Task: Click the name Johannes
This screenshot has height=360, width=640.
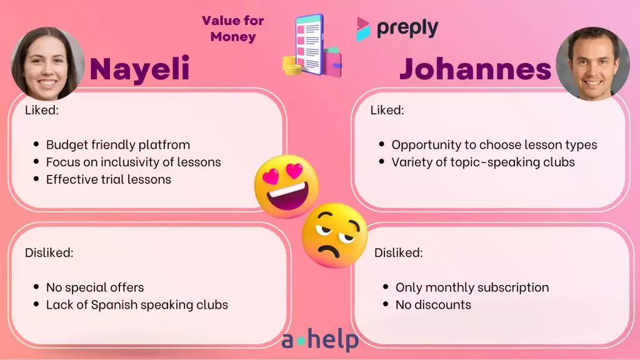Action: click(x=476, y=69)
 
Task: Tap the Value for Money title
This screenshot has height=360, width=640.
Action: click(x=233, y=29)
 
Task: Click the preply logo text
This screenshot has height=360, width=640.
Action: click(x=407, y=29)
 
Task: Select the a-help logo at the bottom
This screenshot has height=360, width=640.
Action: click(x=320, y=340)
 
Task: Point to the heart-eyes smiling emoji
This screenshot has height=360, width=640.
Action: click(x=287, y=186)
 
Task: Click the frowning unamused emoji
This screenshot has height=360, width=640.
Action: click(x=335, y=236)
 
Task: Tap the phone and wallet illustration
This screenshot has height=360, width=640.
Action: click(x=312, y=46)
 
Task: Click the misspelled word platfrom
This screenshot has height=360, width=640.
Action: click(x=164, y=145)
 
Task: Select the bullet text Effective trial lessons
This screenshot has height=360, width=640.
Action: click(x=109, y=179)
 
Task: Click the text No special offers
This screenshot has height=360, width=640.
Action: click(x=95, y=287)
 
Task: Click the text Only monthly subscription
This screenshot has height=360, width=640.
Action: click(x=472, y=287)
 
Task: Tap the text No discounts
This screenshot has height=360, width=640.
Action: click(x=433, y=305)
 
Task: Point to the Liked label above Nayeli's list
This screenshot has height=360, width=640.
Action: click(x=42, y=110)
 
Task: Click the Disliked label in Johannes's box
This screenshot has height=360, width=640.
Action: click(x=398, y=252)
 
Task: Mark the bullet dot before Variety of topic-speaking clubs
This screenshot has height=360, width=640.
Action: click(x=382, y=162)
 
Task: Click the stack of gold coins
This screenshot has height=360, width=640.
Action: click(x=292, y=65)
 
